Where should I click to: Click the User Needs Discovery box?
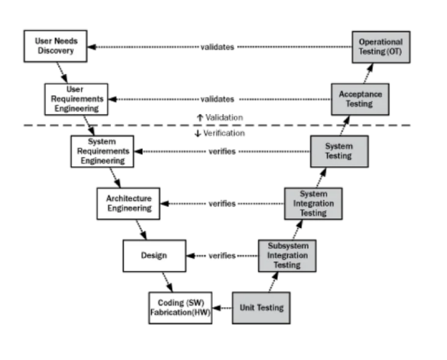pyautogui.click(x=56, y=46)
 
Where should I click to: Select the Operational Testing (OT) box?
pyautogui.click(x=381, y=47)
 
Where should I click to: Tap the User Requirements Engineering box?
pyautogui.click(x=77, y=100)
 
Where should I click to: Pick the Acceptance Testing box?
pyautogui.click(x=360, y=100)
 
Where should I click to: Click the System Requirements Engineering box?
pyautogui.click(x=102, y=151)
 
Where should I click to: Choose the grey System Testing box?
pyautogui.click(x=340, y=151)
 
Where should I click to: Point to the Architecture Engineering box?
pyautogui.click(x=128, y=204)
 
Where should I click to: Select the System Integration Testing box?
pyautogui.click(x=313, y=204)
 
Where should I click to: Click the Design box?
pyautogui.click(x=155, y=256)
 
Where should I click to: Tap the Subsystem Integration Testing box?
pyautogui.click(x=287, y=256)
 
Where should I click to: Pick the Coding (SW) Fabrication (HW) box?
pyautogui.click(x=181, y=308)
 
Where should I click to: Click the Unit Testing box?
pyautogui.click(x=261, y=308)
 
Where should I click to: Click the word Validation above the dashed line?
pyautogui.click(x=224, y=118)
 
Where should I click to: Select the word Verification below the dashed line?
pyautogui.click(x=223, y=133)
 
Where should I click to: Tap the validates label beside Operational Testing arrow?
pyautogui.click(x=217, y=47)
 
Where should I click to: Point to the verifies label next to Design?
pyautogui.click(x=222, y=255)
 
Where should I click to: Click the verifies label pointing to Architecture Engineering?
pyautogui.click(x=222, y=204)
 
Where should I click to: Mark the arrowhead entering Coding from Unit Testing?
pyautogui.click(x=216, y=308)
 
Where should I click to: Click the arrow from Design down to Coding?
pyautogui.click(x=168, y=282)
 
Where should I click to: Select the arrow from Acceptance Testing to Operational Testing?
pyautogui.click(x=369, y=73)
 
